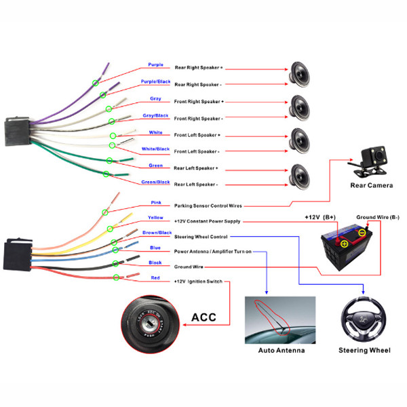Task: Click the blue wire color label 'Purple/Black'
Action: (x=155, y=81)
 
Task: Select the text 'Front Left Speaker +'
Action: (x=197, y=135)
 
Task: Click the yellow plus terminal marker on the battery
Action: (x=344, y=244)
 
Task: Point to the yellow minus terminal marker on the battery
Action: (x=362, y=233)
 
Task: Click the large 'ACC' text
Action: (x=203, y=317)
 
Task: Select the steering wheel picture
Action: (x=364, y=319)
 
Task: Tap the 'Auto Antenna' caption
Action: (x=282, y=351)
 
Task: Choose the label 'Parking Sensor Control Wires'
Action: (x=208, y=206)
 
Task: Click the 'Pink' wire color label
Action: (x=156, y=202)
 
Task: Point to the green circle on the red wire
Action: (x=116, y=277)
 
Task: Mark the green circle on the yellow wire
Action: (x=110, y=229)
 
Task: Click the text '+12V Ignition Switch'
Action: (x=198, y=282)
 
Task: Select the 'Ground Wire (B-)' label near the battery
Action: (x=378, y=217)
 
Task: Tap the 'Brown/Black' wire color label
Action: (x=157, y=233)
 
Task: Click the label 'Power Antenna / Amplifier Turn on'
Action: (x=213, y=252)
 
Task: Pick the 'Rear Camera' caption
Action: (x=372, y=185)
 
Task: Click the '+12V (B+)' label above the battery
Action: (x=320, y=217)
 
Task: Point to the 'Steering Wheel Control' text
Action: (x=201, y=237)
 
